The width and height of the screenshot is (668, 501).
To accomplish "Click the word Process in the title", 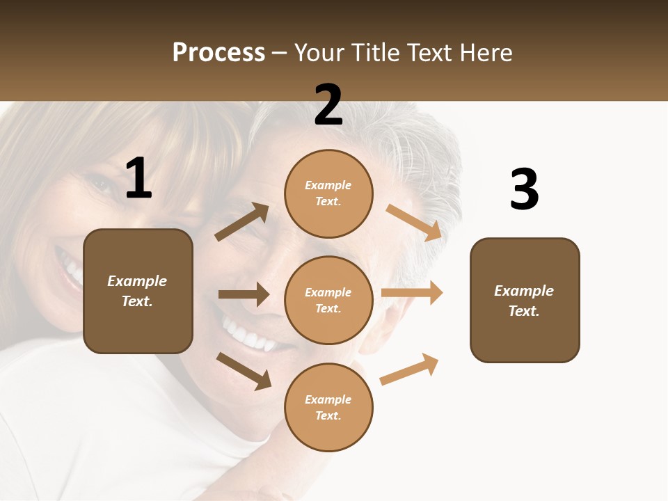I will [x=218, y=52].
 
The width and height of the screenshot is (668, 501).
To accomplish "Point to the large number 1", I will [x=138, y=179].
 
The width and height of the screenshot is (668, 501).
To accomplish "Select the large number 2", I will [x=328, y=104].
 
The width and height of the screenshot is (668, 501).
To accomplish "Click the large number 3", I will [x=524, y=190].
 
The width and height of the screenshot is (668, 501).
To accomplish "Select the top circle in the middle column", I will [x=328, y=193].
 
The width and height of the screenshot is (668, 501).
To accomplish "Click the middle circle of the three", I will [x=328, y=301].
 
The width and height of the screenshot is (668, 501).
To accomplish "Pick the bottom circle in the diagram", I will [x=328, y=408].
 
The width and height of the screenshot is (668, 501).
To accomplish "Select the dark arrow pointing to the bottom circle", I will [x=244, y=371].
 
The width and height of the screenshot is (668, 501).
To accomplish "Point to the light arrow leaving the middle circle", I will [x=412, y=293].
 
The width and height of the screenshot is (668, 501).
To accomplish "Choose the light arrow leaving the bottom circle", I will [x=409, y=369].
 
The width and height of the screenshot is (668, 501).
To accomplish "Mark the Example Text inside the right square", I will [x=524, y=301].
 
